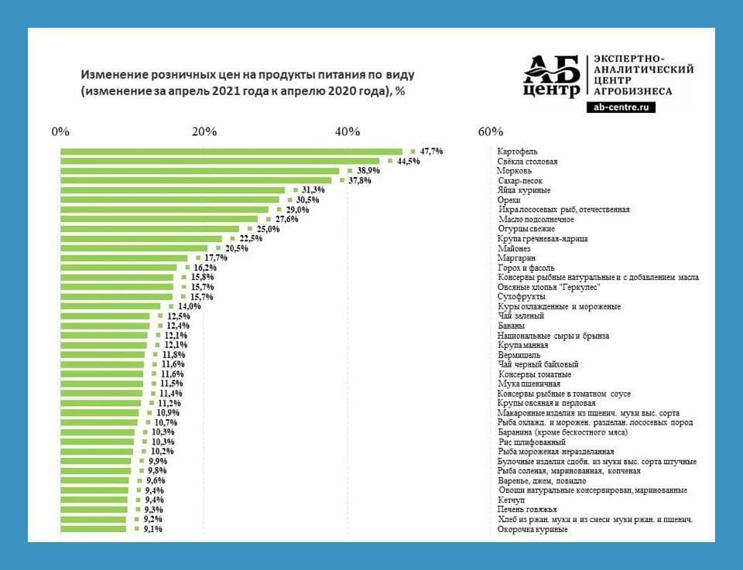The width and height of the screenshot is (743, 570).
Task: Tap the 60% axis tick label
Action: click(x=491, y=131)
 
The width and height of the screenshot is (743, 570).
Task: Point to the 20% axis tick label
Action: click(x=204, y=131)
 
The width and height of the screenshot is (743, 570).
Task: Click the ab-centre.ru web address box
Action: click(x=621, y=108)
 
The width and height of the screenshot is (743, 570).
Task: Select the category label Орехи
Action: click(x=509, y=200)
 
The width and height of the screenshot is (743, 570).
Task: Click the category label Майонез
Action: click(x=514, y=248)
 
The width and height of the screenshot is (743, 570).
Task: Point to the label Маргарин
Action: click(x=516, y=258)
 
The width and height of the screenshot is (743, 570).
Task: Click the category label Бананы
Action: click(x=512, y=326)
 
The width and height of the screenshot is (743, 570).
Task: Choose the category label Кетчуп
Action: click(x=511, y=500)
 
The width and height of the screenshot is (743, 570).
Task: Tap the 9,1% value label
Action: click(x=152, y=530)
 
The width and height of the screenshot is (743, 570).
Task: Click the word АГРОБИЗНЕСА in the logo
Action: click(x=632, y=91)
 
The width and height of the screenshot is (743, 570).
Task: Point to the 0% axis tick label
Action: click(x=60, y=131)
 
